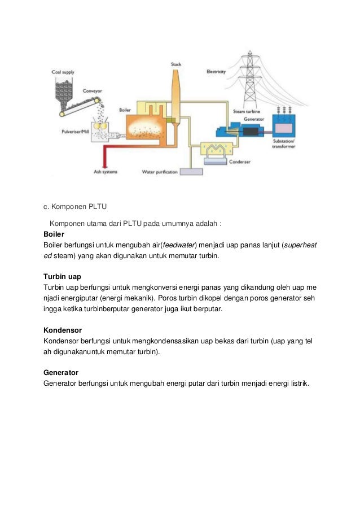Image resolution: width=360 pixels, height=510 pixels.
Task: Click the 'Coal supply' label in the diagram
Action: [x=63, y=72]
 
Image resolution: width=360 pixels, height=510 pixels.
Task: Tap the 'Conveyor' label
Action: [x=93, y=90]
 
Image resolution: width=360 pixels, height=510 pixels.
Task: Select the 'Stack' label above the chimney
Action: [x=176, y=64]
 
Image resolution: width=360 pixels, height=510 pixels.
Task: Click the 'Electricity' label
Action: [x=216, y=72]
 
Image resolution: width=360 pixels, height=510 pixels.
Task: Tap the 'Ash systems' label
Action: [x=106, y=172]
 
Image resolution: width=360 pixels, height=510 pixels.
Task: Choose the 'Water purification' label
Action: [x=160, y=172]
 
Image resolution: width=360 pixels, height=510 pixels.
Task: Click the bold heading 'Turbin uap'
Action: [x=63, y=277]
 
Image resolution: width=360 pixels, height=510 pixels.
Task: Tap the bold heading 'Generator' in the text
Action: [x=61, y=373]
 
